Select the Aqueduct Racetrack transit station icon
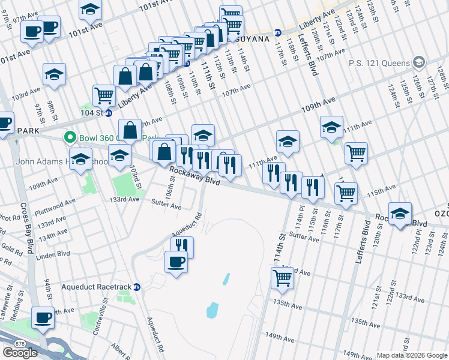[x=137, y=287]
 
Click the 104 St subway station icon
[x=109, y=112]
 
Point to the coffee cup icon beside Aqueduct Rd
[x=176, y=262]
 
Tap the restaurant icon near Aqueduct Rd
[x=182, y=245]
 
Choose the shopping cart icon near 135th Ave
[x=282, y=277]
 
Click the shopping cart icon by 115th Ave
[x=346, y=193]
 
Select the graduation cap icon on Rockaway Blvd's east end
[x=400, y=214]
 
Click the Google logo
[x=20, y=353]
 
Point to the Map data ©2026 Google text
[x=412, y=355]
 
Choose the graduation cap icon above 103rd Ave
[x=54, y=74]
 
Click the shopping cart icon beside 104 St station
[x=104, y=95]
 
